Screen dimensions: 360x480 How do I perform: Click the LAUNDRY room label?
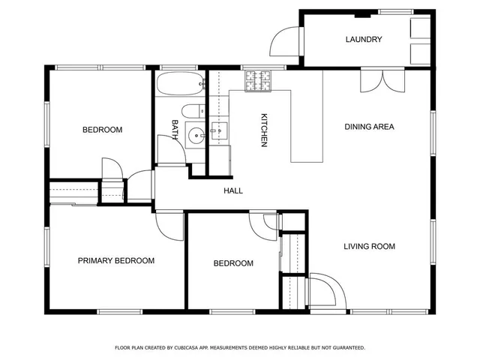[x=364, y=40]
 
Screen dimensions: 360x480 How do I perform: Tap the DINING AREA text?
[x=369, y=127]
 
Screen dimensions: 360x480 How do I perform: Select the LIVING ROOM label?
[x=369, y=246]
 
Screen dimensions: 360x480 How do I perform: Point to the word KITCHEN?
[x=264, y=130]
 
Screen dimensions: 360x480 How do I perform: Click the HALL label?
[x=233, y=191]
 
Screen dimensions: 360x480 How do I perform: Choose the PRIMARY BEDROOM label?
[x=116, y=261]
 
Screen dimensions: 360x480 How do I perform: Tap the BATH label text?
[x=175, y=130]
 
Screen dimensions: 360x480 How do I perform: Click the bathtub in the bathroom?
[x=180, y=83]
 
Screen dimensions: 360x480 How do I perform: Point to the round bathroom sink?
[x=196, y=136]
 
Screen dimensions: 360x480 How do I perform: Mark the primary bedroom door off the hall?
[x=169, y=224]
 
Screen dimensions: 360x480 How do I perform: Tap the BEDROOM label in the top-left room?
[x=102, y=130]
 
